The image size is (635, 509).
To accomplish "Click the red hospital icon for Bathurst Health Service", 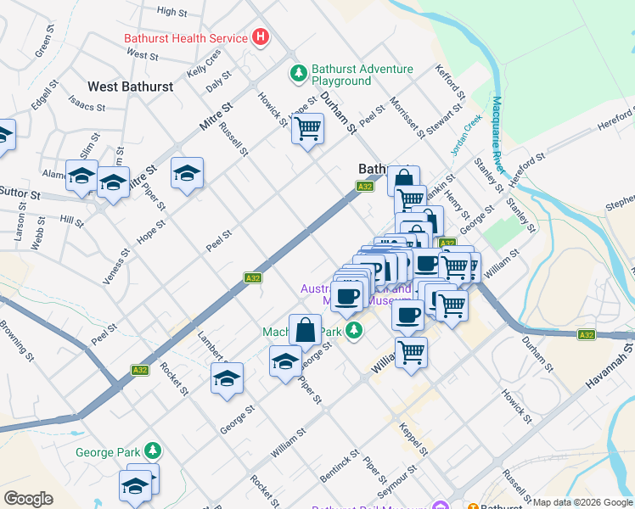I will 261,38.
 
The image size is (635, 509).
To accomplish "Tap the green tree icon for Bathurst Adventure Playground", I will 298,75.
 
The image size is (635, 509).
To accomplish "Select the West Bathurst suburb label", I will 131,87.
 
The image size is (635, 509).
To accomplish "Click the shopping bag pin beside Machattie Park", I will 305,332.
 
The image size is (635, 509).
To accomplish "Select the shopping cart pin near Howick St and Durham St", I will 307,130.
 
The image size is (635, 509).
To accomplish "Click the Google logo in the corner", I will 28,499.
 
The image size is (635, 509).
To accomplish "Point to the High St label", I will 172,12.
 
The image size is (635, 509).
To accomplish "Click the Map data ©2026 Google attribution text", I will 583,502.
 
